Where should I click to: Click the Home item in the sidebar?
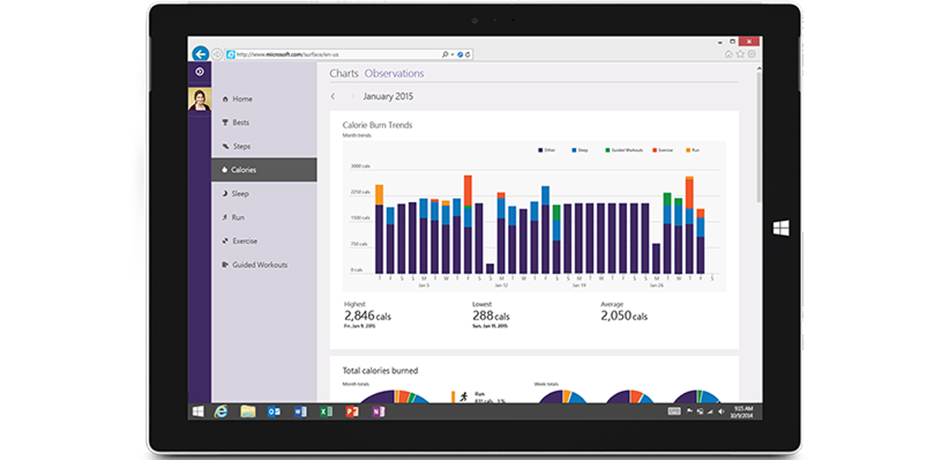click(242, 99)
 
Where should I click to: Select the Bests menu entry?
click(240, 122)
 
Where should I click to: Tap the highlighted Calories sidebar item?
click(243, 170)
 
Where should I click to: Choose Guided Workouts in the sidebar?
click(259, 265)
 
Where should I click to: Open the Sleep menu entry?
click(239, 194)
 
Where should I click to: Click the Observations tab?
click(394, 73)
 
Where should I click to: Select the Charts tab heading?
click(344, 73)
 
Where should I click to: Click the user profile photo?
click(199, 99)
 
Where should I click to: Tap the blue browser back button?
click(200, 53)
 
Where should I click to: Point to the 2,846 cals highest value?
click(367, 316)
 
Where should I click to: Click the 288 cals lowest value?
click(491, 316)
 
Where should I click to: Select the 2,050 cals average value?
click(624, 316)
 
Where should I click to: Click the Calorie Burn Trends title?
click(377, 125)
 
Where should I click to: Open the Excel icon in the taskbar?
click(325, 411)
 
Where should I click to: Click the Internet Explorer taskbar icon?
click(221, 411)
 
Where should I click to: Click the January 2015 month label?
click(388, 96)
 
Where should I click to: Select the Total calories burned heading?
click(380, 370)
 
